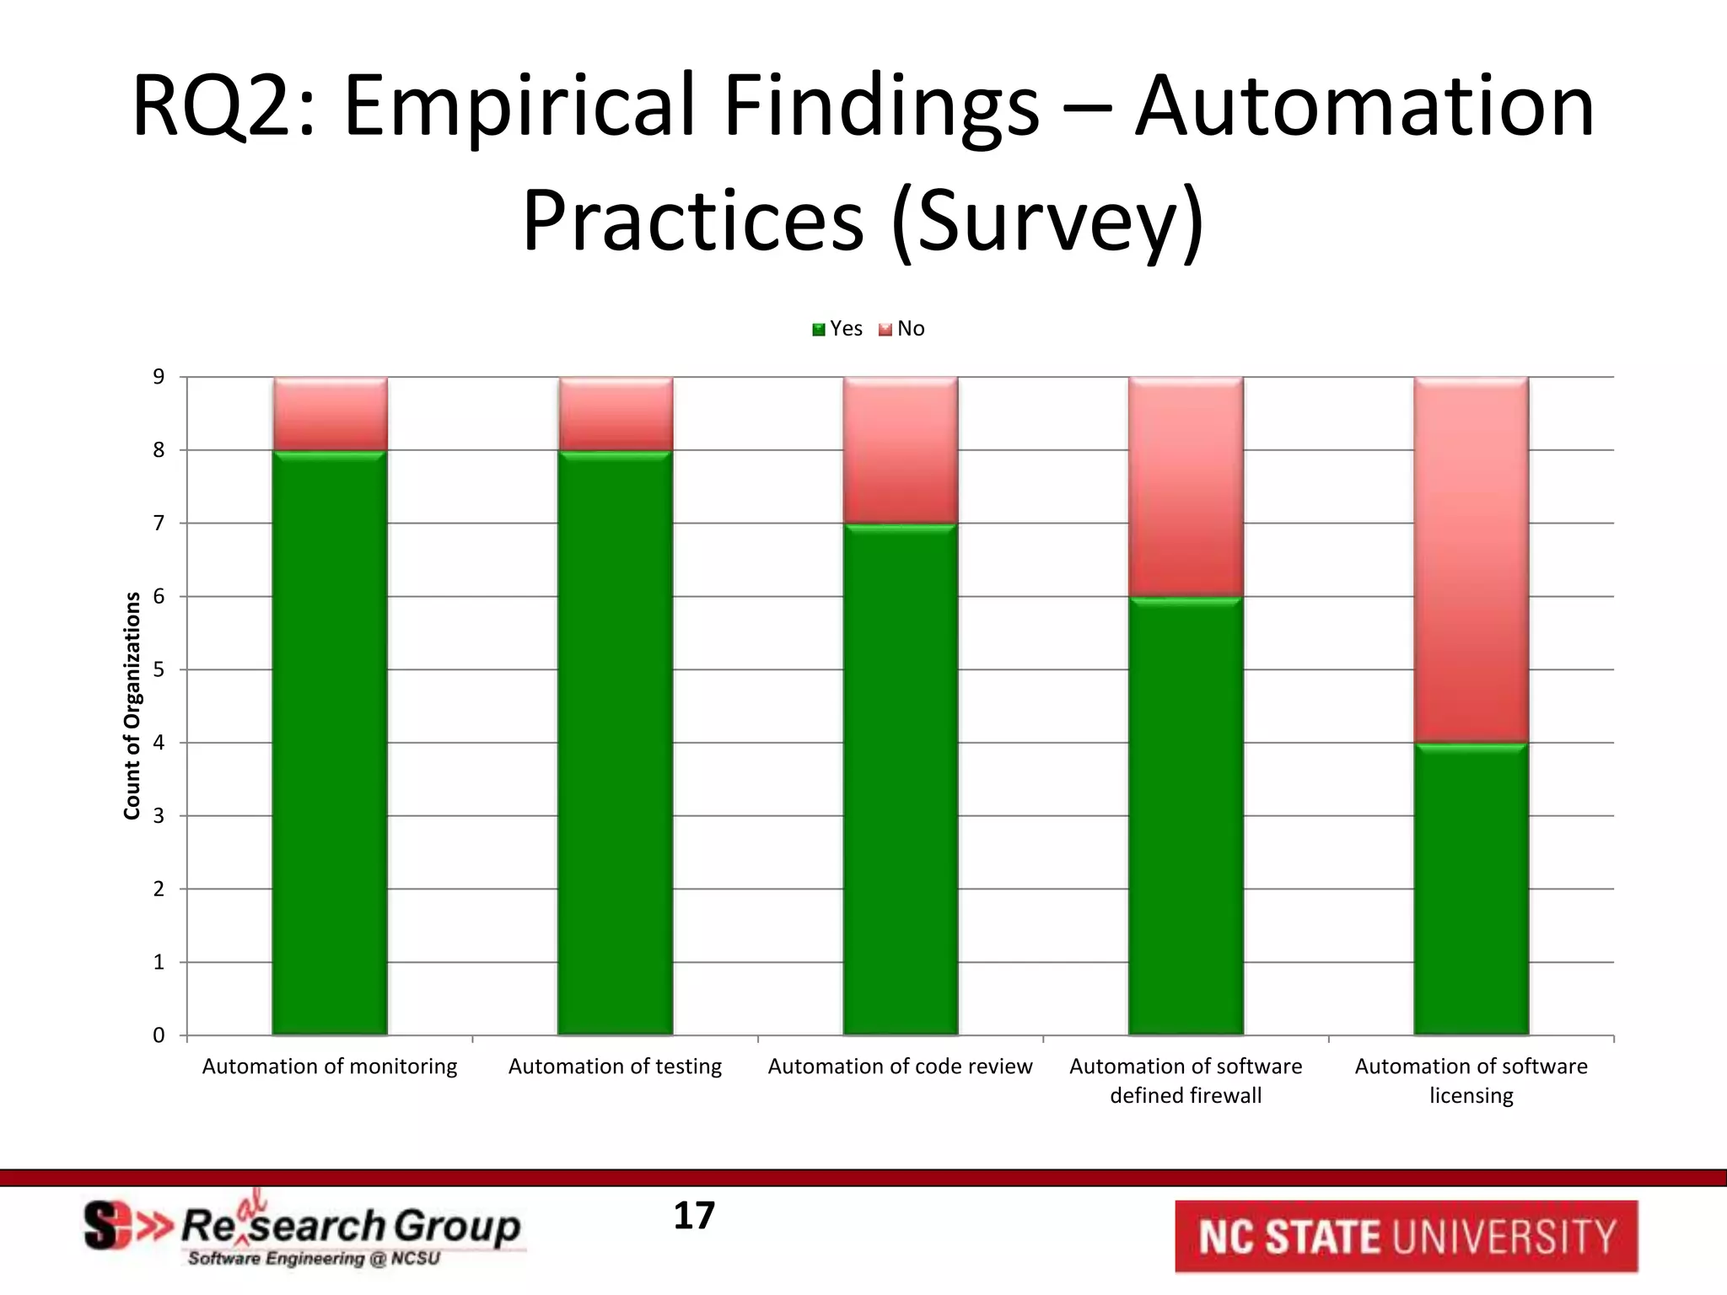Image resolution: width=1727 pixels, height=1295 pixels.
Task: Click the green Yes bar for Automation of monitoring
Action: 330,742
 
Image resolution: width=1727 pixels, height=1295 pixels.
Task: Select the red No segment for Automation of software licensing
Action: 1471,560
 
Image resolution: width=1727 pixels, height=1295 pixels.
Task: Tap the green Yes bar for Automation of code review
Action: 901,779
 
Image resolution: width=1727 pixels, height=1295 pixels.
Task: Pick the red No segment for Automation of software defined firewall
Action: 1186,486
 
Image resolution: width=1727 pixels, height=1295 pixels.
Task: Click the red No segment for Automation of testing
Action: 615,413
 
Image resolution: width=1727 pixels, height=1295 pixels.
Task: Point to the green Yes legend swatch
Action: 818,330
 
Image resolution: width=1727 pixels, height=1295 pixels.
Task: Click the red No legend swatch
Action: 885,330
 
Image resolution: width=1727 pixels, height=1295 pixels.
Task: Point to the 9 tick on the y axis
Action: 159,377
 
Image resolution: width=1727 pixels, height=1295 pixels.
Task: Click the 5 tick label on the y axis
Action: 159,669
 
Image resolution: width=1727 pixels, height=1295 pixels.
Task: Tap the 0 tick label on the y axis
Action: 159,1035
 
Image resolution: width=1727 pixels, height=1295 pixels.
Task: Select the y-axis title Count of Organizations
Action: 132,706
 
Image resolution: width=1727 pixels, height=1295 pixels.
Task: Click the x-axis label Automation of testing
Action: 615,1067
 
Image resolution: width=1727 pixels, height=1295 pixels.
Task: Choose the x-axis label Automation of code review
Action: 900,1067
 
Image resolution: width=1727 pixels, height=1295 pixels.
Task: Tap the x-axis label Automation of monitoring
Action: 329,1067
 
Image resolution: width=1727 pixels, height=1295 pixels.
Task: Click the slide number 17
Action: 694,1216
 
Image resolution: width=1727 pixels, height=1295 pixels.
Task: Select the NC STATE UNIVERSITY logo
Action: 1406,1237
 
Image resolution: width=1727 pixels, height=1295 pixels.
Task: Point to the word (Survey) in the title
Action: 1047,221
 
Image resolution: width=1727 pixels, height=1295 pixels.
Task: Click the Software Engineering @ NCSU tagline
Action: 314,1259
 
